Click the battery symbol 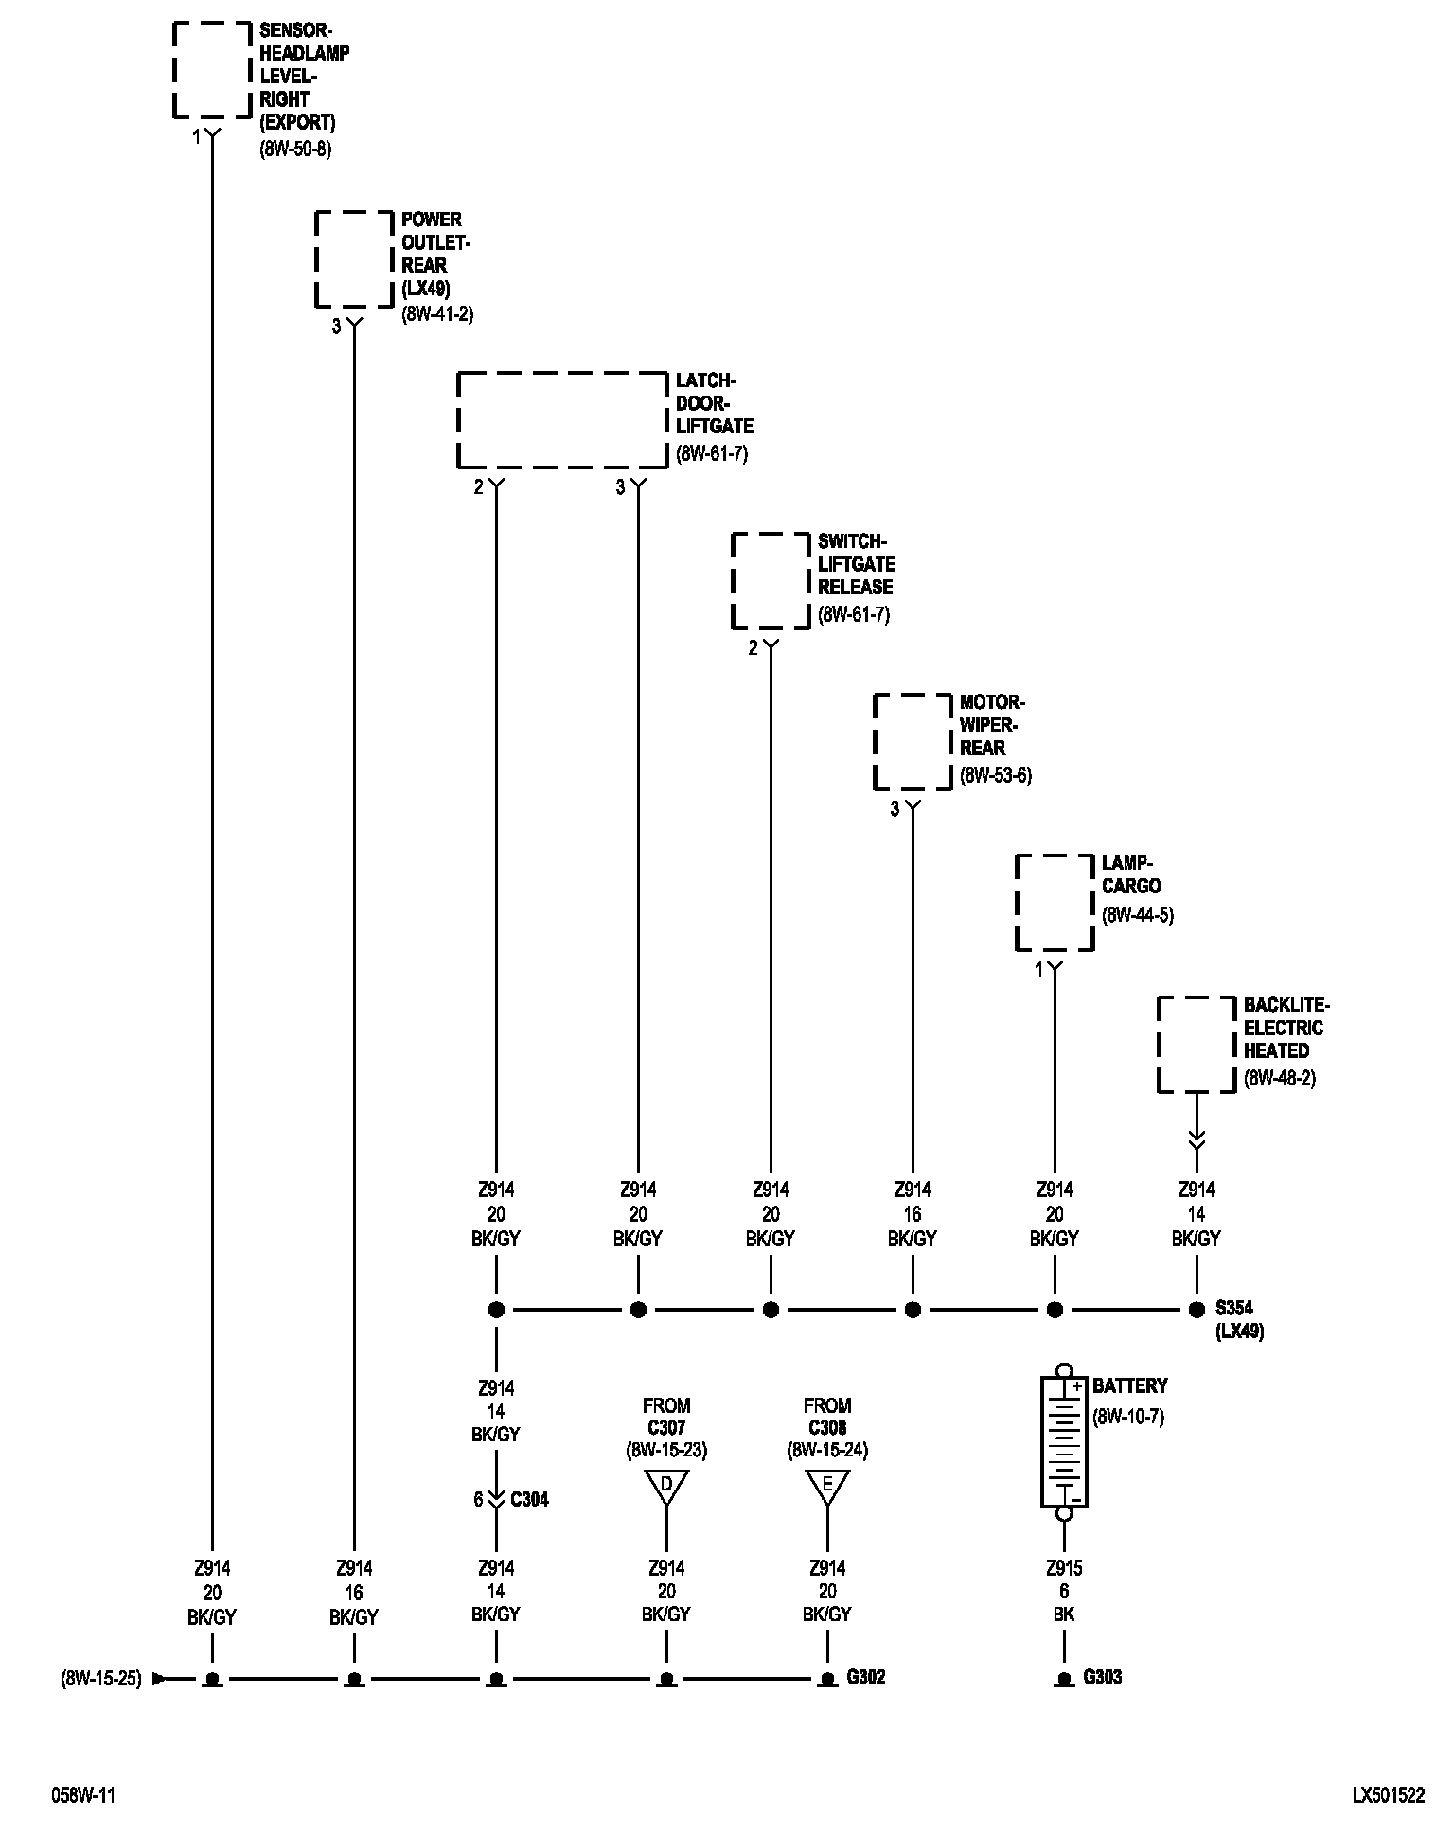(1064, 1440)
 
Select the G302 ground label (865, 1677)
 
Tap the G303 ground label (1102, 1677)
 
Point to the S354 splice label (1233, 1309)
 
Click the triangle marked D (666, 1487)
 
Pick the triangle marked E (827, 1487)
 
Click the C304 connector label (529, 1499)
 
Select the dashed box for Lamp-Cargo (1055, 902)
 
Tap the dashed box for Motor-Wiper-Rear (913, 741)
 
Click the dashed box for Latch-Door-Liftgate (562, 419)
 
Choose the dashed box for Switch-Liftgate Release (771, 580)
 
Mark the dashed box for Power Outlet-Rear (354, 258)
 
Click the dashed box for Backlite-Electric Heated (1197, 1044)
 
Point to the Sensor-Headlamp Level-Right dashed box (212, 69)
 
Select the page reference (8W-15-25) (101, 1679)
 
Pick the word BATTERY (1130, 1386)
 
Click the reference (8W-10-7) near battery (1128, 1417)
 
